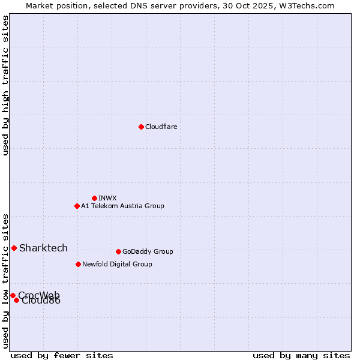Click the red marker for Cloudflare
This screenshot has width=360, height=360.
pos(141,127)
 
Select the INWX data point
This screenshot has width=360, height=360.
pos(94,198)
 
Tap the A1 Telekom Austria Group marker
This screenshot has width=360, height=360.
pos(77,206)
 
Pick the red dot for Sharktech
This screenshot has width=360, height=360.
pos(14,248)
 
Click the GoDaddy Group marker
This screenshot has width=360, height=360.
pos(118,251)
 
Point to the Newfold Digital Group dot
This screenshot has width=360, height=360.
pos(78,264)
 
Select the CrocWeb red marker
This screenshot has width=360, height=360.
pos(13,295)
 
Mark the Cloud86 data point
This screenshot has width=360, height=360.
pos(16,300)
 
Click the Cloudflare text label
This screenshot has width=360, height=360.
pos(161,127)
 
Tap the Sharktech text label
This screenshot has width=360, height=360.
pos(43,248)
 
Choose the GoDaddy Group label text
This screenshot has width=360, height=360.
pos(148,251)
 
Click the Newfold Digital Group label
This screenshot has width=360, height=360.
pos(117,264)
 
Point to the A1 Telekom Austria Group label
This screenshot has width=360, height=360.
pos(122,206)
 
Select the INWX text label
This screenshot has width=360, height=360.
pos(107,198)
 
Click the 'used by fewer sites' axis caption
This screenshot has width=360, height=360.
pos(62,355)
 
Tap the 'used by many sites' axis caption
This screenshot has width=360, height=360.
pos(301,355)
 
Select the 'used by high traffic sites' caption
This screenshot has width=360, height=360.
pos(5,85)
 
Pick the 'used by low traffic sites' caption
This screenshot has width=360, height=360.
pos(5,281)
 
